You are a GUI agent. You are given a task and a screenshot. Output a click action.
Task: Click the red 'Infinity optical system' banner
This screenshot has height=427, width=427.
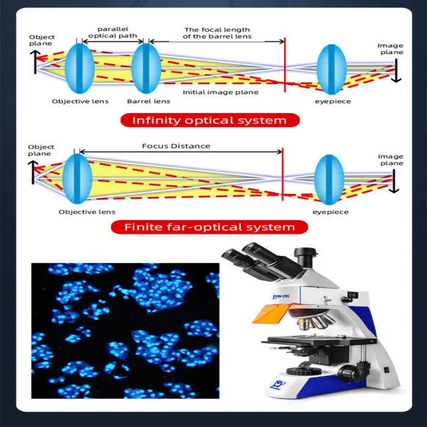coord(210,120)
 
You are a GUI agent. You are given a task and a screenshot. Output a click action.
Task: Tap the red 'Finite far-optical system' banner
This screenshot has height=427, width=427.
coord(209,227)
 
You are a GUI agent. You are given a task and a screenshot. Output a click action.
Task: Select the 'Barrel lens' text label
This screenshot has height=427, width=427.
coord(148,101)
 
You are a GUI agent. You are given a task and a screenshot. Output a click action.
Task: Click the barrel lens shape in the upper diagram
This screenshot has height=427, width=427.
coord(146,68)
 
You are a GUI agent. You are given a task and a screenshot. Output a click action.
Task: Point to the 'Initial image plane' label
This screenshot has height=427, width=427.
coord(221,92)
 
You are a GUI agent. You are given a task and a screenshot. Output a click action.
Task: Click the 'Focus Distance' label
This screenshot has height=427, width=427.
coord(176,146)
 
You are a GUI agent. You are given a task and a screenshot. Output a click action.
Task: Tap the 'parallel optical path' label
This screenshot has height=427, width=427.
coord(113,32)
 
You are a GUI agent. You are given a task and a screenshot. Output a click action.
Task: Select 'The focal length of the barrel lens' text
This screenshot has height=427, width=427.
coord(217,33)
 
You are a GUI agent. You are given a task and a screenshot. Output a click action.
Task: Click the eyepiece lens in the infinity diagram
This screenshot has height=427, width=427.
coord(331,70)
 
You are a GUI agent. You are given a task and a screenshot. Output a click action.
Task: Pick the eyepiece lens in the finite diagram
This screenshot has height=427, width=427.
coord(329,180)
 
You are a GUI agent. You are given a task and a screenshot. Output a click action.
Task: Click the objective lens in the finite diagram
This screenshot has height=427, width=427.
coord(77,179)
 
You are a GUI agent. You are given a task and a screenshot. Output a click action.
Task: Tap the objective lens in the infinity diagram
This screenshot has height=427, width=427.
coord(79,68)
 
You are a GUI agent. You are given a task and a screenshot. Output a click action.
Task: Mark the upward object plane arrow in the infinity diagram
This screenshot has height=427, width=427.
coord(35,62)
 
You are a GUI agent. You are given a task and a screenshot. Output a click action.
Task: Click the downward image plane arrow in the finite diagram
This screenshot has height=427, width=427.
coord(394,181)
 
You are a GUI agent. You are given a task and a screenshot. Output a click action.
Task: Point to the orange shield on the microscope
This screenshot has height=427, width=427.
coord(271,314)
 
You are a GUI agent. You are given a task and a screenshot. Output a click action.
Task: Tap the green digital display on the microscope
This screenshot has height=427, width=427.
coord(353,295)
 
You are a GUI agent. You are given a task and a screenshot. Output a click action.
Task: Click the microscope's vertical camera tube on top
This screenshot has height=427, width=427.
coord(306,257)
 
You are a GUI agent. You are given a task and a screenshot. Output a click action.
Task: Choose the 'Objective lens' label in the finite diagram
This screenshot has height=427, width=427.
coord(87,212)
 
